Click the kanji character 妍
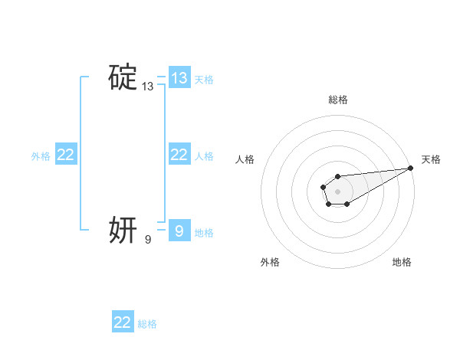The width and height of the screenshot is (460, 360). (123, 229)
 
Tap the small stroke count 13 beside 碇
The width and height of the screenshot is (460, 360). (147, 87)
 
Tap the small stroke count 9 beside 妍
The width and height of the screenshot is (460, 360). (148, 240)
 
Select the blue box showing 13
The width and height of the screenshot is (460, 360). (179, 78)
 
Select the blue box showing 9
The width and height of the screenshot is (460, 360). (179, 231)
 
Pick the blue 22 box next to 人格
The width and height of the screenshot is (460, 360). (179, 155)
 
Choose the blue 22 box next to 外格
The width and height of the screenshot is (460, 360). (66, 155)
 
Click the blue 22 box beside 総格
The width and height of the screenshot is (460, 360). (123, 322)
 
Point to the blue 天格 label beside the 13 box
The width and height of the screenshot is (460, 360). (204, 80)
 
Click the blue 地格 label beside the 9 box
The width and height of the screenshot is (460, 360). (204, 232)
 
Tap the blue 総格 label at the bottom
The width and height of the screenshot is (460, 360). (147, 324)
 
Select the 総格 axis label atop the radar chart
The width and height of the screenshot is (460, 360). (338, 100)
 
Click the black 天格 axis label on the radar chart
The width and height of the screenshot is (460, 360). (431, 159)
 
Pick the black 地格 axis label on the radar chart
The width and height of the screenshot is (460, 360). (402, 262)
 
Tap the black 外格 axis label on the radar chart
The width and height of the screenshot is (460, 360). (270, 262)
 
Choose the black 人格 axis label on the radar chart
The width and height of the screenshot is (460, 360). (245, 159)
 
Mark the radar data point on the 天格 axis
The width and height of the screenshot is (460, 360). (411, 168)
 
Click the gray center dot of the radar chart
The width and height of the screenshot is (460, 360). (337, 190)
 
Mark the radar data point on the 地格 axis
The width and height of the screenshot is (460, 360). (347, 204)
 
